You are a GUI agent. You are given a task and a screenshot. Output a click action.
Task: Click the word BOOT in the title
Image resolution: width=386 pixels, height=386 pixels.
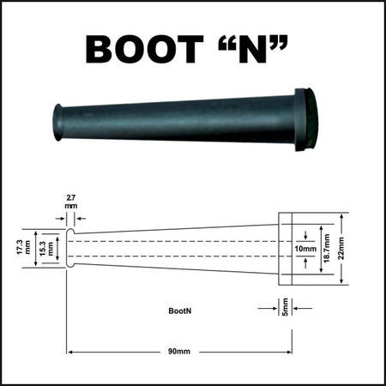coord(144,49)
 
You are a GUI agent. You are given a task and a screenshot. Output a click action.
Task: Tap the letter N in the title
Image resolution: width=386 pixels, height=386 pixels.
coord(252,49)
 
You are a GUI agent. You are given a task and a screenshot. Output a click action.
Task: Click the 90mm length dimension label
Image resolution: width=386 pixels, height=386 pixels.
coord(179,352)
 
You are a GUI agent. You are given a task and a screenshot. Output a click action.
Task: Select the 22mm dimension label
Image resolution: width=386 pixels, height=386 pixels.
coord(341,248)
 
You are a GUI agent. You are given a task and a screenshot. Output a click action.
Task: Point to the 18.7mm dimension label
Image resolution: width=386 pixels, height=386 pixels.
coord(327,248)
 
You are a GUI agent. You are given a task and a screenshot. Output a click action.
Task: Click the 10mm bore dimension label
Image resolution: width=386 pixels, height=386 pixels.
coord(305,249)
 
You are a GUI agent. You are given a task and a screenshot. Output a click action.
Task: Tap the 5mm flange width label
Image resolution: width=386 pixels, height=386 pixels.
coord(285,307)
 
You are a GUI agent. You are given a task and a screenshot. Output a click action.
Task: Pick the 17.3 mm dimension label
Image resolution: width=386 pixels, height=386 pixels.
coord(23,247)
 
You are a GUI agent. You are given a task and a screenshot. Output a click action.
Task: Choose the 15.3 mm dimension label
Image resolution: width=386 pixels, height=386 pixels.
coord(46,248)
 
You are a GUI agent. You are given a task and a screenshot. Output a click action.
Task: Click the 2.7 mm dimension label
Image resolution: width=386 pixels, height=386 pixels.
coord(70,202)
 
